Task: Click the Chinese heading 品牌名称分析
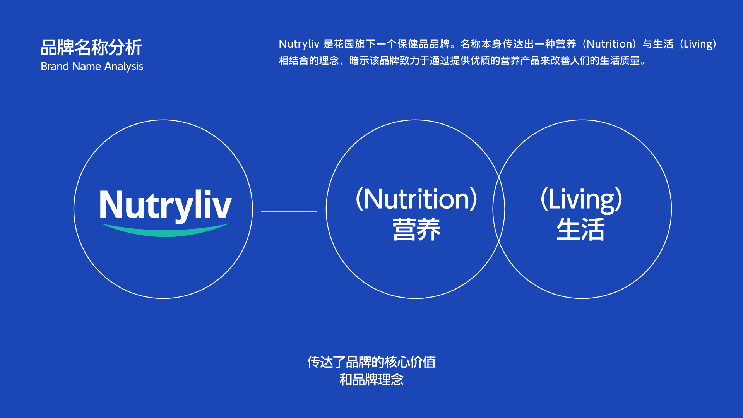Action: [x=91, y=48]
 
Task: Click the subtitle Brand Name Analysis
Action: [x=92, y=67]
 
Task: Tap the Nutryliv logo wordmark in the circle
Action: [x=165, y=205]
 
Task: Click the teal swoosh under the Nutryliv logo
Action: [x=165, y=230]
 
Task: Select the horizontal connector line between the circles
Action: [x=289, y=211]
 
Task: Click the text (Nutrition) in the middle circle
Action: [x=416, y=199]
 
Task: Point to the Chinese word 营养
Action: [x=416, y=230]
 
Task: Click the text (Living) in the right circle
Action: [x=581, y=200]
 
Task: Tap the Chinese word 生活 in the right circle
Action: [x=580, y=230]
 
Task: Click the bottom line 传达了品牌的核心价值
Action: [x=371, y=362]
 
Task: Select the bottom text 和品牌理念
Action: [x=371, y=380]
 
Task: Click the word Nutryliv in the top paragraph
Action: [x=299, y=44]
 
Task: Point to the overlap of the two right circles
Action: [x=499, y=209]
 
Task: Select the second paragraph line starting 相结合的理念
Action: [x=463, y=61]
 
